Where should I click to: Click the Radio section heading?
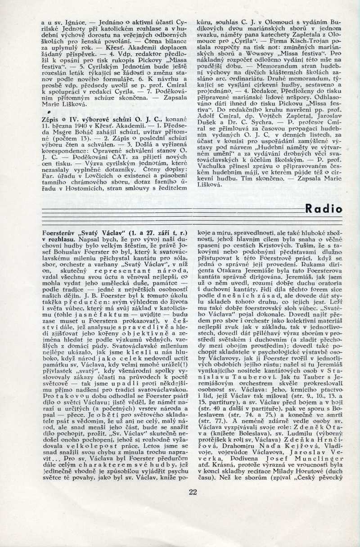click(x=323, y=208)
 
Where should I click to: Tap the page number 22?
click(x=193, y=492)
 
